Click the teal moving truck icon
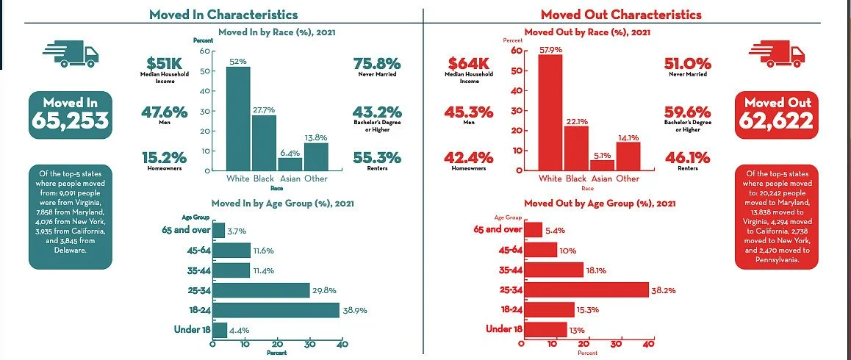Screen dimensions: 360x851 pos(71,54)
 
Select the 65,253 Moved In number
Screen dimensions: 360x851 pos(71,121)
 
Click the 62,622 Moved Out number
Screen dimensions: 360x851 pos(777,121)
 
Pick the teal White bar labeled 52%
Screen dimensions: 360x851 pos(237,118)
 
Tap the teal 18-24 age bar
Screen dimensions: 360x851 pos(276,310)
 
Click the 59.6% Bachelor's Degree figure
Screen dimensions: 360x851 pos(687,112)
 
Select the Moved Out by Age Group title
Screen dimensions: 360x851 pos(600,203)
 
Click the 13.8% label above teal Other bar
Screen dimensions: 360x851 pos(315,137)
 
